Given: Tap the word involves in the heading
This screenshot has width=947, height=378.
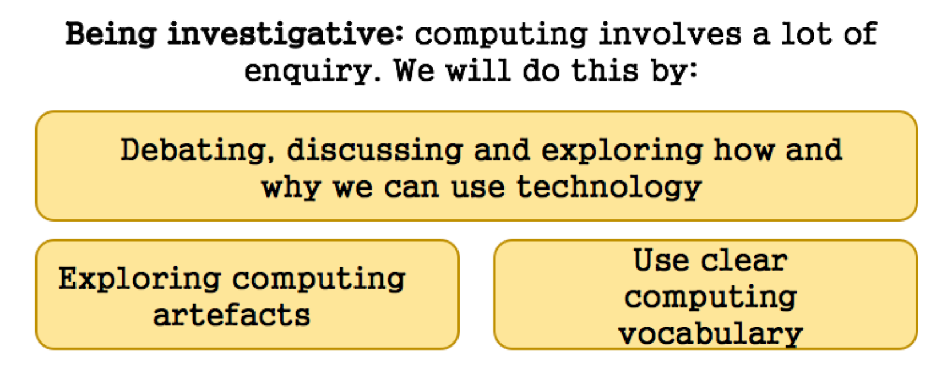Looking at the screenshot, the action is click(x=670, y=34).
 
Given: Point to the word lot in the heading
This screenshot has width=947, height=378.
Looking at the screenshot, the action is click(x=806, y=34).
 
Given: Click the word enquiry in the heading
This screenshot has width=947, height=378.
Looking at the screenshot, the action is click(x=313, y=71).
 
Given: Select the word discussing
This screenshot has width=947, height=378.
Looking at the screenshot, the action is click(x=375, y=151).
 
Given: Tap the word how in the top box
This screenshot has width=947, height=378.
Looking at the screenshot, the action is click(x=744, y=150).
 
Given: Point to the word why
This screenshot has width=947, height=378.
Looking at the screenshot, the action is click(x=291, y=188).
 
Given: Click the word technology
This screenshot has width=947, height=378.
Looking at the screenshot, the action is click(x=609, y=188).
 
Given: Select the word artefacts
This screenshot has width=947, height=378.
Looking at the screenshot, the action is click(x=232, y=316).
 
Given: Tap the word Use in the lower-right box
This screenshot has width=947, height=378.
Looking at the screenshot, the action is click(x=661, y=260).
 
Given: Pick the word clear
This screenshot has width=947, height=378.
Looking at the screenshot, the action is click(x=745, y=260).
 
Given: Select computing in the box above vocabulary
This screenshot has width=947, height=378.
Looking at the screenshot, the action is click(x=711, y=297).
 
